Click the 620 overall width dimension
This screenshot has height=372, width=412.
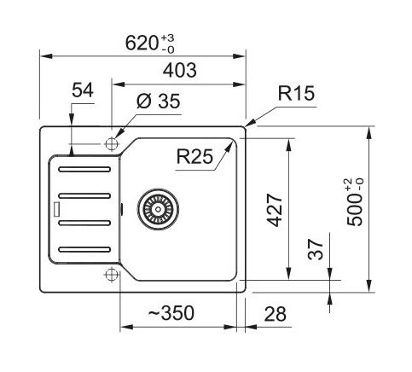142,43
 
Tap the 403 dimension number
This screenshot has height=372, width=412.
179,70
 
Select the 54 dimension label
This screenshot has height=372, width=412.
83,90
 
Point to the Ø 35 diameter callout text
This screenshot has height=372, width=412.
158,101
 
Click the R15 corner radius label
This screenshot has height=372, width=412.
296,93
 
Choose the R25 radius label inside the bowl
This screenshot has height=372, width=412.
194,156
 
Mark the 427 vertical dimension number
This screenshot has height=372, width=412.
275,210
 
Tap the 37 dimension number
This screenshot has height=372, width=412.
316,249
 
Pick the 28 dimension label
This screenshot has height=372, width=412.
275,314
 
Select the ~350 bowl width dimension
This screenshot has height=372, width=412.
171,313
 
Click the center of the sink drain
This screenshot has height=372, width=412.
158,209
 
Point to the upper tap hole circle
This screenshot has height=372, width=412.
112,143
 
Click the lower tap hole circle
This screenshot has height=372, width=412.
112,275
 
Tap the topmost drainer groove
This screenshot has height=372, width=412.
84,170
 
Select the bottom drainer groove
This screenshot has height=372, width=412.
84,249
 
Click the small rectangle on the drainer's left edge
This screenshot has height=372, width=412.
56,209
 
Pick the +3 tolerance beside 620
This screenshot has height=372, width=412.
168,38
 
